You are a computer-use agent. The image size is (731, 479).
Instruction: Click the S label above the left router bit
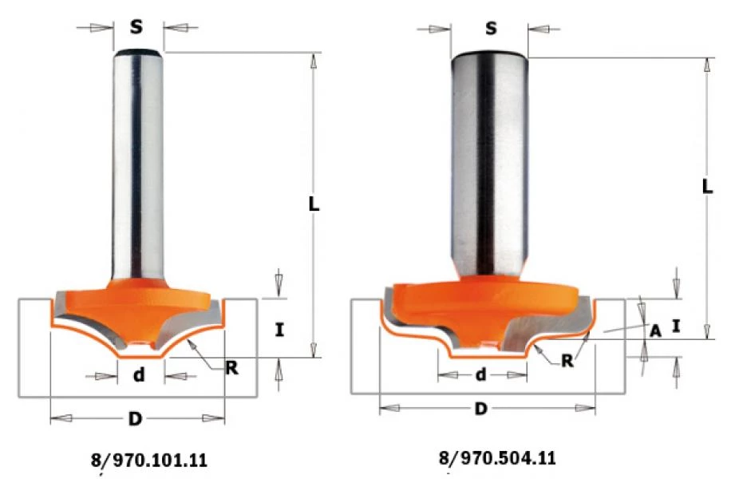136,26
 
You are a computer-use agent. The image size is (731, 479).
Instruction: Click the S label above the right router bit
491,29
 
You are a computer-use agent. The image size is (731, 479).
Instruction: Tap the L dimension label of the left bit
314,204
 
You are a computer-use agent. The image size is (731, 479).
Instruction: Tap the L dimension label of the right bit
707,187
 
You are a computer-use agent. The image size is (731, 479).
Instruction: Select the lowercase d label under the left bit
139,374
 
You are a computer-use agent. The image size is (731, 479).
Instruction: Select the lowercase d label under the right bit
480,374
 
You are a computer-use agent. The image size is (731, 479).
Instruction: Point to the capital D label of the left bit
135,418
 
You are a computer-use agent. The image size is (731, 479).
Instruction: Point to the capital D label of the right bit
480,409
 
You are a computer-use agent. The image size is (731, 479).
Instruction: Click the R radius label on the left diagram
231,367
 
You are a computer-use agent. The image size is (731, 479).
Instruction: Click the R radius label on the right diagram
567,360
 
